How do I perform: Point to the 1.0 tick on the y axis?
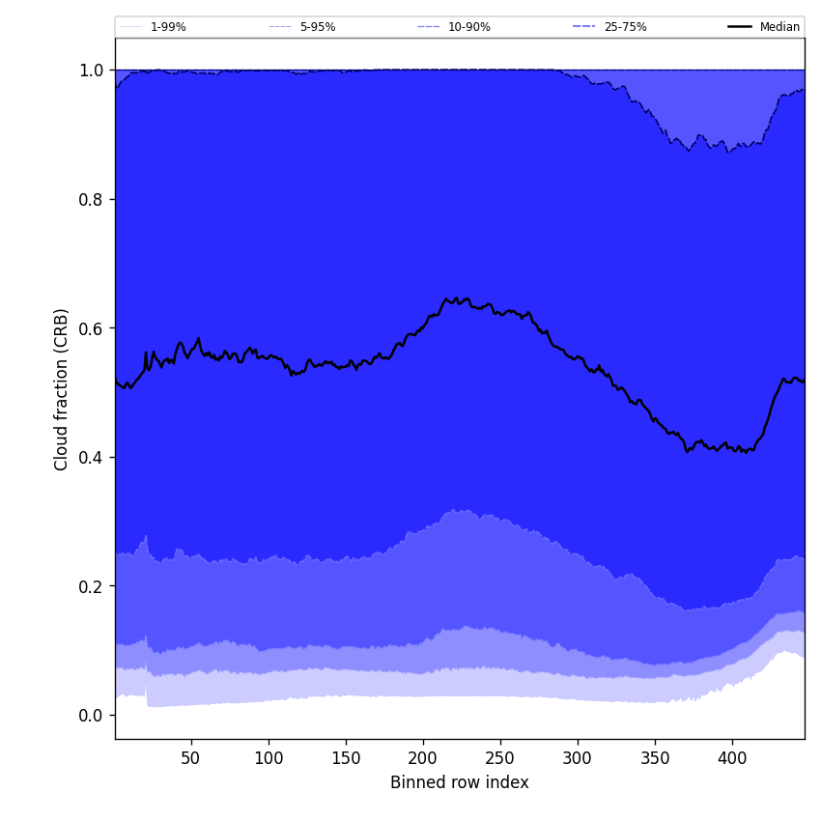(91, 71)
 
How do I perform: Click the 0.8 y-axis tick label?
(91, 199)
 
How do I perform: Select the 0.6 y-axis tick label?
(91, 328)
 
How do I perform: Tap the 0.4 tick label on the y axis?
(91, 457)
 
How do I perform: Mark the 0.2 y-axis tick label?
(91, 586)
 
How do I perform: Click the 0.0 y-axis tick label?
(91, 716)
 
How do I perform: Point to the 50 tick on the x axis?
(191, 758)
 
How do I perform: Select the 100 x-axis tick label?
(269, 758)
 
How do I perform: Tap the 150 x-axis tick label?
(346, 758)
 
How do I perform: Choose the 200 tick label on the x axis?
(423, 758)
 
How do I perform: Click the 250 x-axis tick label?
(500, 758)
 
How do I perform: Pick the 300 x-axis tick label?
(578, 758)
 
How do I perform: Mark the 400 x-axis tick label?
(732, 758)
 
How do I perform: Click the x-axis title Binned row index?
(460, 782)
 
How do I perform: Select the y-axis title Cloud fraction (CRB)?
(62, 389)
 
